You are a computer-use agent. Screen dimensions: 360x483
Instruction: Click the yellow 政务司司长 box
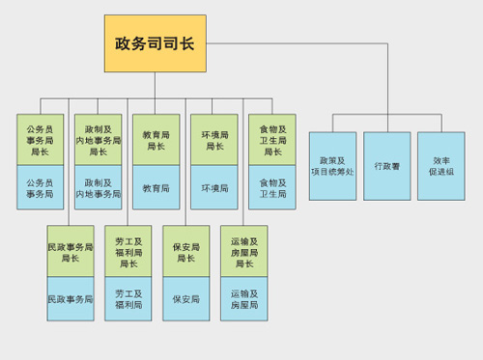[155, 43]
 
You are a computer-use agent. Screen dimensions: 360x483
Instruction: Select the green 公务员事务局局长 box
[41, 140]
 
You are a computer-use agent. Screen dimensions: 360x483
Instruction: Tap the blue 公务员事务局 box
[41, 187]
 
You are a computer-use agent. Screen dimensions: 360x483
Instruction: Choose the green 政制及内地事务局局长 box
[99, 140]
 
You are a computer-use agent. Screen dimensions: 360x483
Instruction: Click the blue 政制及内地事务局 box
[99, 187]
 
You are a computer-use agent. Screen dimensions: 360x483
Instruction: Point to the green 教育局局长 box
[156, 140]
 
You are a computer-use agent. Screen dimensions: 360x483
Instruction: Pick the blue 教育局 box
[156, 187]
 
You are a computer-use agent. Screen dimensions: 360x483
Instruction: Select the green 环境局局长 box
[214, 140]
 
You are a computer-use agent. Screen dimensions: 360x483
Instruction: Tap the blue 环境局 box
[214, 187]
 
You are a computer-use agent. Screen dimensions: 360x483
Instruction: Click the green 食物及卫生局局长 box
[272, 140]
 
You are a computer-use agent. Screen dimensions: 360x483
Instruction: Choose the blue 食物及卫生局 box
[272, 187]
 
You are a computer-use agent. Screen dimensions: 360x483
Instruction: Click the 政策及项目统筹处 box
[333, 166]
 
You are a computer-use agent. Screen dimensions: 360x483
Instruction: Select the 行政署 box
[387, 166]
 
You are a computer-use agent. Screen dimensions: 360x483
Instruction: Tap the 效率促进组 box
[441, 166]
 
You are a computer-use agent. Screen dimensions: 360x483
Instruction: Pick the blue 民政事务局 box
[71, 299]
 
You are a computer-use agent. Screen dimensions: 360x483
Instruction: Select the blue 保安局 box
[186, 299]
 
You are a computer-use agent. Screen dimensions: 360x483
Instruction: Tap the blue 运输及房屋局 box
[244, 299]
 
